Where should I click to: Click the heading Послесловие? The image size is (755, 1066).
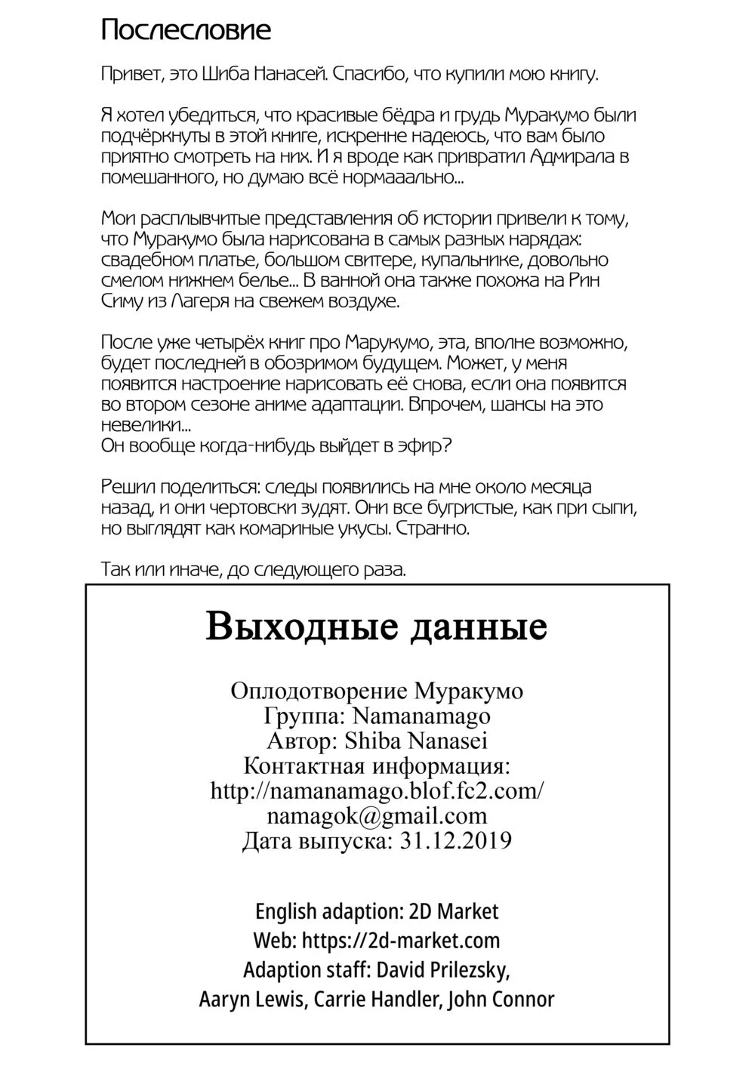click(x=186, y=31)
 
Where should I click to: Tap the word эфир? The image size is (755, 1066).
click(x=423, y=445)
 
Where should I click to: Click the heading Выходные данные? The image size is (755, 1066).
click(x=376, y=627)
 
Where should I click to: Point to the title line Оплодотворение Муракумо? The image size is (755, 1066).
click(x=377, y=691)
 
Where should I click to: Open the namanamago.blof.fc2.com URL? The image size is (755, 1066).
click(x=377, y=790)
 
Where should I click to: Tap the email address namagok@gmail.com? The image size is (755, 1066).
click(x=377, y=815)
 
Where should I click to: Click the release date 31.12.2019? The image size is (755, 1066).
click(x=454, y=840)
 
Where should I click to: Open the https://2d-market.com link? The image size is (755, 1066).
click(x=400, y=941)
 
